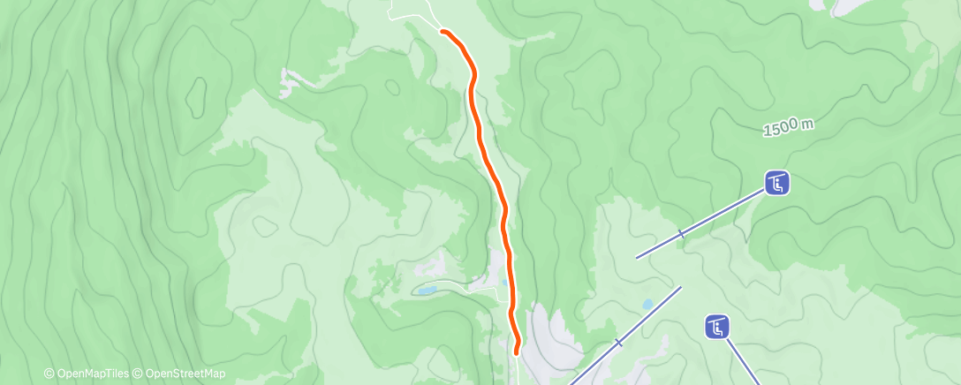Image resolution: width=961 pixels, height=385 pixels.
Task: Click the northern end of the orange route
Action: click(x=443, y=32)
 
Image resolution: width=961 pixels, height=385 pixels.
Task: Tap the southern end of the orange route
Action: click(x=516, y=353)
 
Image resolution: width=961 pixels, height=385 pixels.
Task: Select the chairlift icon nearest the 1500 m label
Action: click(x=776, y=184)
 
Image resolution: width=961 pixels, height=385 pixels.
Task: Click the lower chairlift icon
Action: click(x=717, y=327)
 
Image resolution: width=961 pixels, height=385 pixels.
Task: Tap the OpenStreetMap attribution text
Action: click(x=184, y=374)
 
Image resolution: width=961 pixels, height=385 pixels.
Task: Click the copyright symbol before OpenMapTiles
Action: click(x=49, y=374)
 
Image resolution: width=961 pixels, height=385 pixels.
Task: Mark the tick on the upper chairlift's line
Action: click(x=681, y=234)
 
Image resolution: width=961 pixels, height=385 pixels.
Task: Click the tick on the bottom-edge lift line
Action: click(x=618, y=342)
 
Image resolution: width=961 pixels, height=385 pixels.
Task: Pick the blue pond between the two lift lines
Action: click(x=648, y=305)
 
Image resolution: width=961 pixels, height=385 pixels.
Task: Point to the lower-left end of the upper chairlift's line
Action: click(x=637, y=258)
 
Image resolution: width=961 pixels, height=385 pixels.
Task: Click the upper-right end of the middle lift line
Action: click(x=681, y=286)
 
